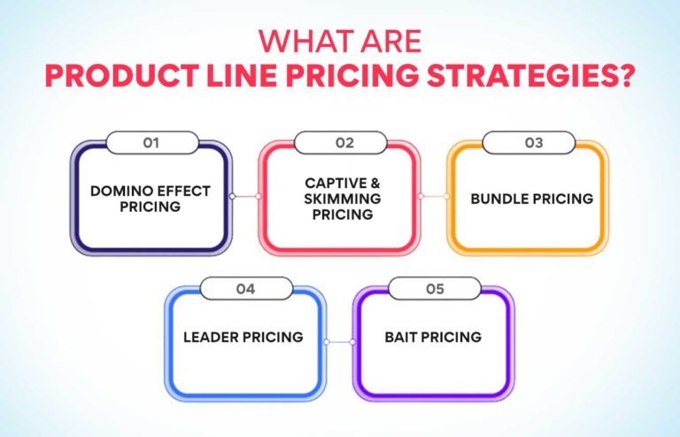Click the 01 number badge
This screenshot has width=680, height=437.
151,142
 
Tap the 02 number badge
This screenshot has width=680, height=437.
340,142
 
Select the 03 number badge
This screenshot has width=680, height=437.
529,142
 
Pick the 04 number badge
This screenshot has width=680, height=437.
245,287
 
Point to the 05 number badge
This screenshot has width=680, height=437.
434,287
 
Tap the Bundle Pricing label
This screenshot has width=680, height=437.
531,198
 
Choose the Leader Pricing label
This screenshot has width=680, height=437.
243,337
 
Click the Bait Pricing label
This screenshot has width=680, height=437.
433,337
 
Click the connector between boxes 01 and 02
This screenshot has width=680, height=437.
245,196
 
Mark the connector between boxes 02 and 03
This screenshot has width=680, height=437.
434,196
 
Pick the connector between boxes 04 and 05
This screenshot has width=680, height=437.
339,340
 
